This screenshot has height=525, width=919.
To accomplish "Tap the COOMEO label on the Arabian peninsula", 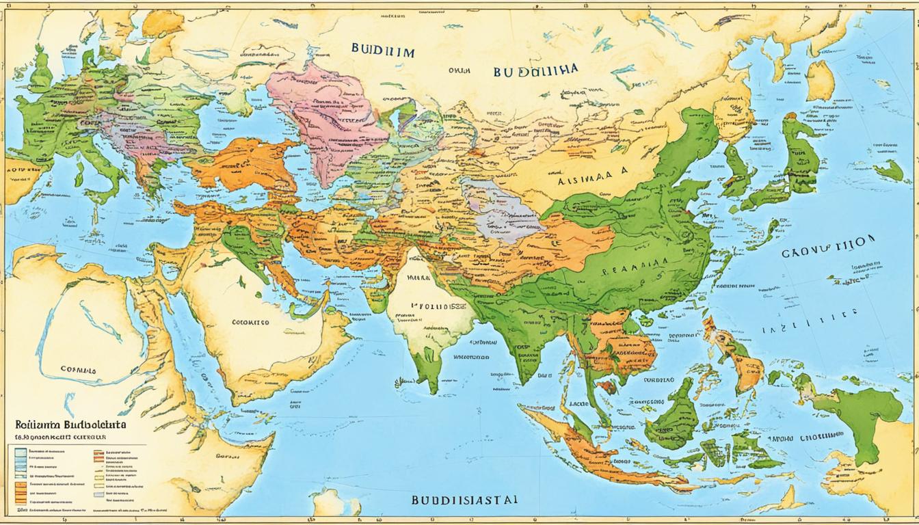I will click(x=250, y=321).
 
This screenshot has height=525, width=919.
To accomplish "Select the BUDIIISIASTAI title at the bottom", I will click(x=464, y=500).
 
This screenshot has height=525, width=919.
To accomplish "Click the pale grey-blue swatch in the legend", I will click(x=99, y=493).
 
